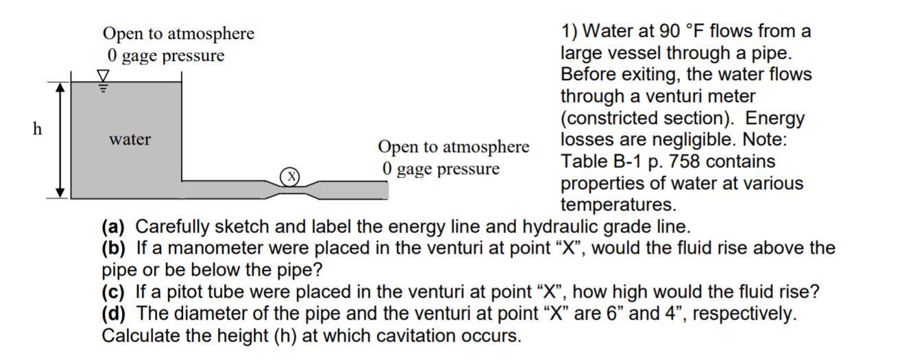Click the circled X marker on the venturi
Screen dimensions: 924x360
point(291,176)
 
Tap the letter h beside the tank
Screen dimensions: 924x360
point(38,128)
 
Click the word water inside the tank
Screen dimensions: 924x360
point(130,139)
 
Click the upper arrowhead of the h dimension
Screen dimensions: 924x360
point(60,88)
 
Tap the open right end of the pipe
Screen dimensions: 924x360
point(385,190)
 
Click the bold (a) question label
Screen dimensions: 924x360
point(113,226)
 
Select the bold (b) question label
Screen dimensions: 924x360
point(113,248)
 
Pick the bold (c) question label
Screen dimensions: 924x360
point(113,292)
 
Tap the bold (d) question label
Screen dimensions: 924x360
point(113,314)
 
